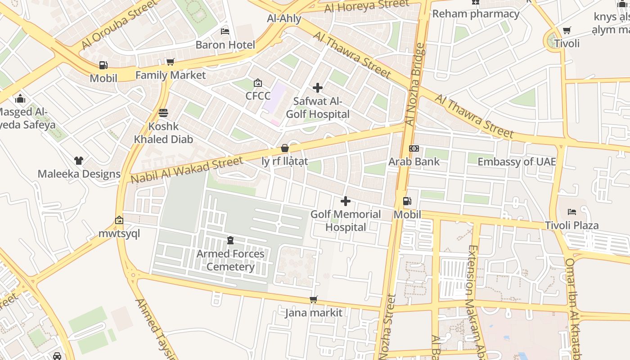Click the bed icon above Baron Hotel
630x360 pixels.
[225, 31]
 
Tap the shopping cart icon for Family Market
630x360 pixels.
[170, 62]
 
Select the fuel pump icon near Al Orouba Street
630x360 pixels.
[103, 65]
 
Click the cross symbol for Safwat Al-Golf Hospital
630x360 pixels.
[318, 88]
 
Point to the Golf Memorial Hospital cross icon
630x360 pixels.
[346, 201]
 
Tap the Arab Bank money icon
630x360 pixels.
[414, 148]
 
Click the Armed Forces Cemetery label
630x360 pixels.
[230, 260]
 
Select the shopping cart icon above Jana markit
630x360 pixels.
[314, 300]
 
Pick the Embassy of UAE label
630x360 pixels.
[517, 162]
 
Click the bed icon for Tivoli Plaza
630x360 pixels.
[571, 211]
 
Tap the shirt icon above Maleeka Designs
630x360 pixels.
[79, 161]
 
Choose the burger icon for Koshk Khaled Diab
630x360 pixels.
[163, 113]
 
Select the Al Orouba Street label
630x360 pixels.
[119, 25]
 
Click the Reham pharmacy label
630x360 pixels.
[476, 14]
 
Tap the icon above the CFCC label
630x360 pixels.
[258, 83]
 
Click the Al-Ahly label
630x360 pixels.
[284, 18]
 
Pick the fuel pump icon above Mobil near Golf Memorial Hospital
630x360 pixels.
[407, 201]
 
